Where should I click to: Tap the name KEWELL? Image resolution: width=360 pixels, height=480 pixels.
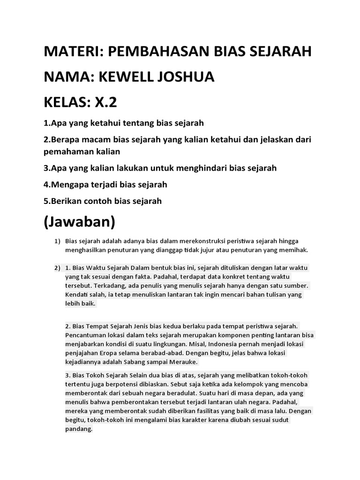point(127,77)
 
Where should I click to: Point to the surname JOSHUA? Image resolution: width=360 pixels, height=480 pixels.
point(187,77)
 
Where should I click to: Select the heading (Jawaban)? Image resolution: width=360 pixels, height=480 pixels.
point(79,221)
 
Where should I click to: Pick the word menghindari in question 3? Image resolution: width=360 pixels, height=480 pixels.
point(190,168)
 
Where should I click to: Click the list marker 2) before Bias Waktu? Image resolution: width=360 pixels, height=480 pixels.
point(57,268)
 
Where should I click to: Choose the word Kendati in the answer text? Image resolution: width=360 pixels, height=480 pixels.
point(76,295)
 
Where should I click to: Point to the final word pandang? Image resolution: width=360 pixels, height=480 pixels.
point(79,429)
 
